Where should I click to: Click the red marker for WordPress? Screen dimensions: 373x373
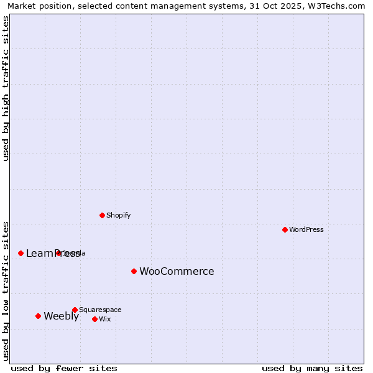285,229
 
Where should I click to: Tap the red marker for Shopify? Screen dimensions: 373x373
102,215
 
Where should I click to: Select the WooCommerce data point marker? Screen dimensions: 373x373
134,271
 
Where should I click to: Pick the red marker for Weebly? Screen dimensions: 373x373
38,316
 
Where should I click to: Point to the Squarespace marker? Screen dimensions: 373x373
75,310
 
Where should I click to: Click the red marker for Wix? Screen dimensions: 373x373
94,319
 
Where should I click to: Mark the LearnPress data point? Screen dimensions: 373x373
21,253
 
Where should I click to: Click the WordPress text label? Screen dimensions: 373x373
306,229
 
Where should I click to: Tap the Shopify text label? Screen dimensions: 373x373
118,215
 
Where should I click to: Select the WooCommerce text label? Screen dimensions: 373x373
177,271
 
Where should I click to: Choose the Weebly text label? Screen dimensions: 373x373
61,316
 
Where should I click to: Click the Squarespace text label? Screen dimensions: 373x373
100,310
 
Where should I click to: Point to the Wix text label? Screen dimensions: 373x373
104,319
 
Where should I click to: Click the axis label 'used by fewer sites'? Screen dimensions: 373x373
64,368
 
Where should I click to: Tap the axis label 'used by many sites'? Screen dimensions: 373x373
312,368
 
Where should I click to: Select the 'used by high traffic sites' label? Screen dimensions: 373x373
6,88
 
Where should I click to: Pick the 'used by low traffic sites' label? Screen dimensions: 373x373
6,291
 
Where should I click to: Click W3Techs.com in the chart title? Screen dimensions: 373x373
341,6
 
